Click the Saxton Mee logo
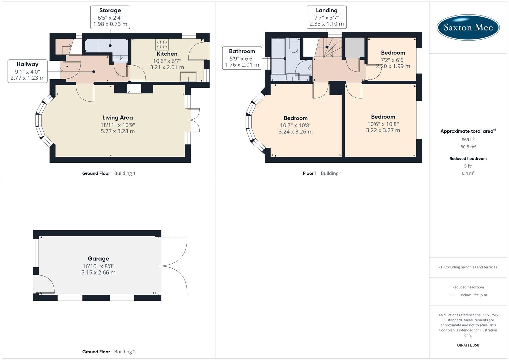point(468,27)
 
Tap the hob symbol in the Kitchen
point(162,45)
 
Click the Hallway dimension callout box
point(27,71)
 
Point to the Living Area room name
point(117,118)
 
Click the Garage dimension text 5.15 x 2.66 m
point(98,272)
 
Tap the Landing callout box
point(326,17)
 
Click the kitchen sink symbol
point(188,77)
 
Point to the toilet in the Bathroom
point(294,46)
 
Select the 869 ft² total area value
point(468,140)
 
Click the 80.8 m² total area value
point(468,147)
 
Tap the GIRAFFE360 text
point(468,345)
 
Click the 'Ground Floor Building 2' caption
point(109,352)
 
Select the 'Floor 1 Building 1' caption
point(322,173)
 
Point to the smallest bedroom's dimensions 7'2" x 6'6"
point(393,60)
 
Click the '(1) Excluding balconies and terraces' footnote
point(468,267)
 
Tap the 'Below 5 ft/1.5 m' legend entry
point(474,295)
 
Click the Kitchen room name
point(167,54)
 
